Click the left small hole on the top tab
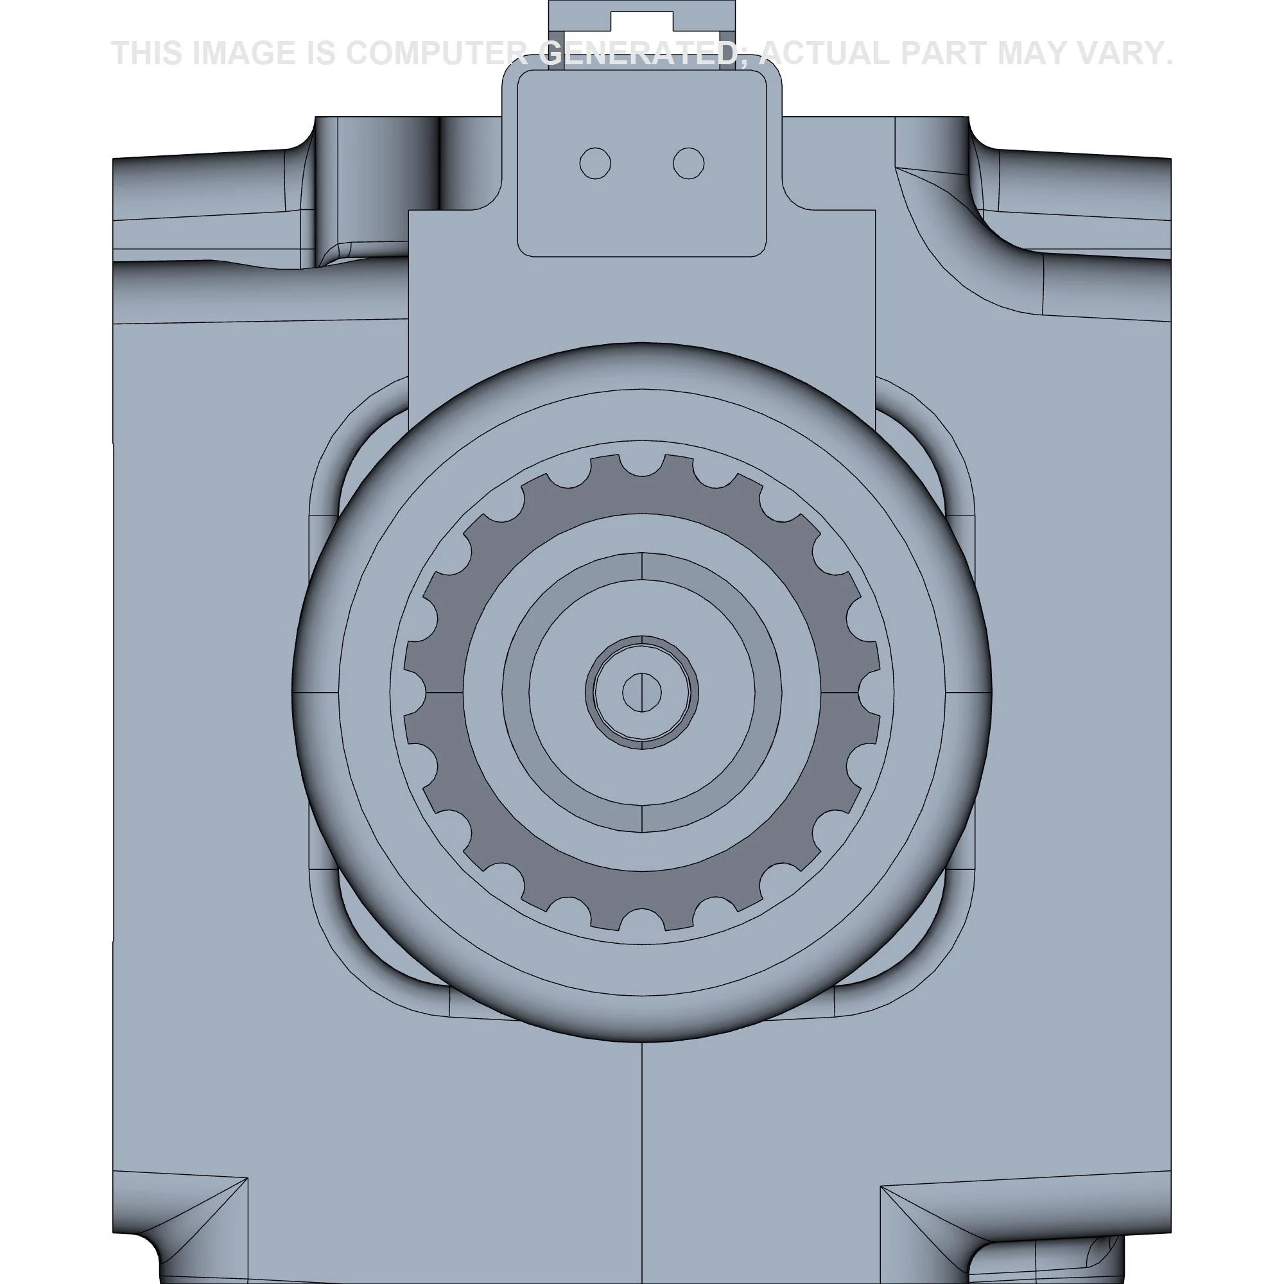(595, 163)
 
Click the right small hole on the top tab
(688, 163)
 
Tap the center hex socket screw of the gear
(642, 692)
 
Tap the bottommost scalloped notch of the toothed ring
(642, 920)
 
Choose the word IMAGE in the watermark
(243, 53)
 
